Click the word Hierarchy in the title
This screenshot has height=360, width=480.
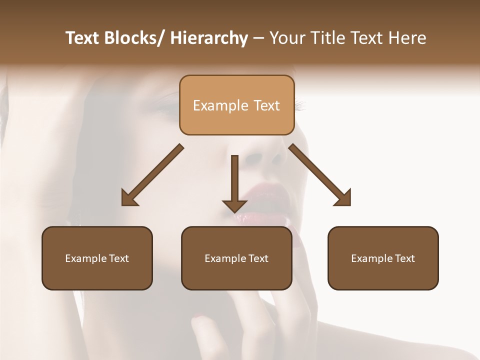[x=209, y=38]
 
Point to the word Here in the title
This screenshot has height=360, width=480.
[x=407, y=38]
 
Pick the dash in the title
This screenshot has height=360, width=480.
[x=258, y=38]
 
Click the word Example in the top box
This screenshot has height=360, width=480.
[x=213, y=105]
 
